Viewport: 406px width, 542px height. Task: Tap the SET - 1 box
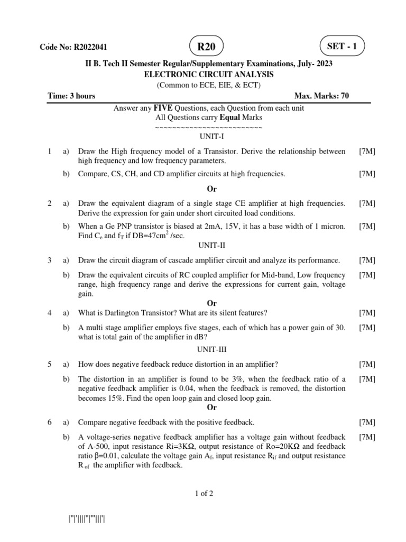pyautogui.click(x=342, y=46)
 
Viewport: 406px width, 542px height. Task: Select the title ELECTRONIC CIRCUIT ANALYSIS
pyautogui.click(x=209, y=75)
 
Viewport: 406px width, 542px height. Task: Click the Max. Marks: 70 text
pyautogui.click(x=321, y=96)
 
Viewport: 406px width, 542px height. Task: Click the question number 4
pyautogui.click(x=49, y=312)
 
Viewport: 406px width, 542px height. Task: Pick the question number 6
pyautogui.click(x=49, y=422)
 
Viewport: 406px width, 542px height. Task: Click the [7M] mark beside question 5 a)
pyautogui.click(x=367, y=364)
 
